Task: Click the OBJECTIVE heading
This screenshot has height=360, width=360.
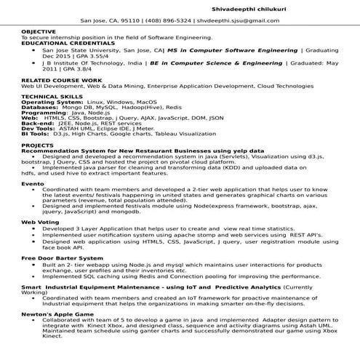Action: coord(39,33)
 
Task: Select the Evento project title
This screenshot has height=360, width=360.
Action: coord(33,184)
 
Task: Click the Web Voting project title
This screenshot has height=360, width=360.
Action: coord(40,221)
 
